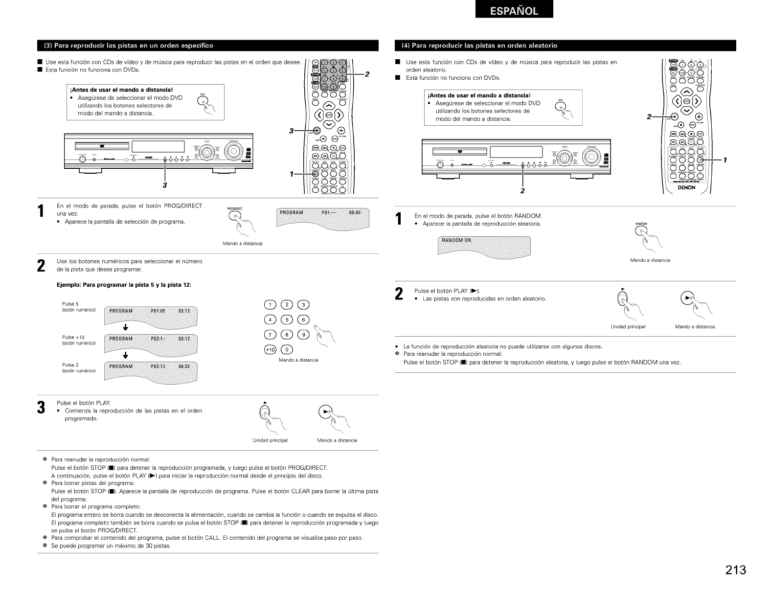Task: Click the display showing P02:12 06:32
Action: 152,370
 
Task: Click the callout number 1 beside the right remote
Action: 726,160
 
